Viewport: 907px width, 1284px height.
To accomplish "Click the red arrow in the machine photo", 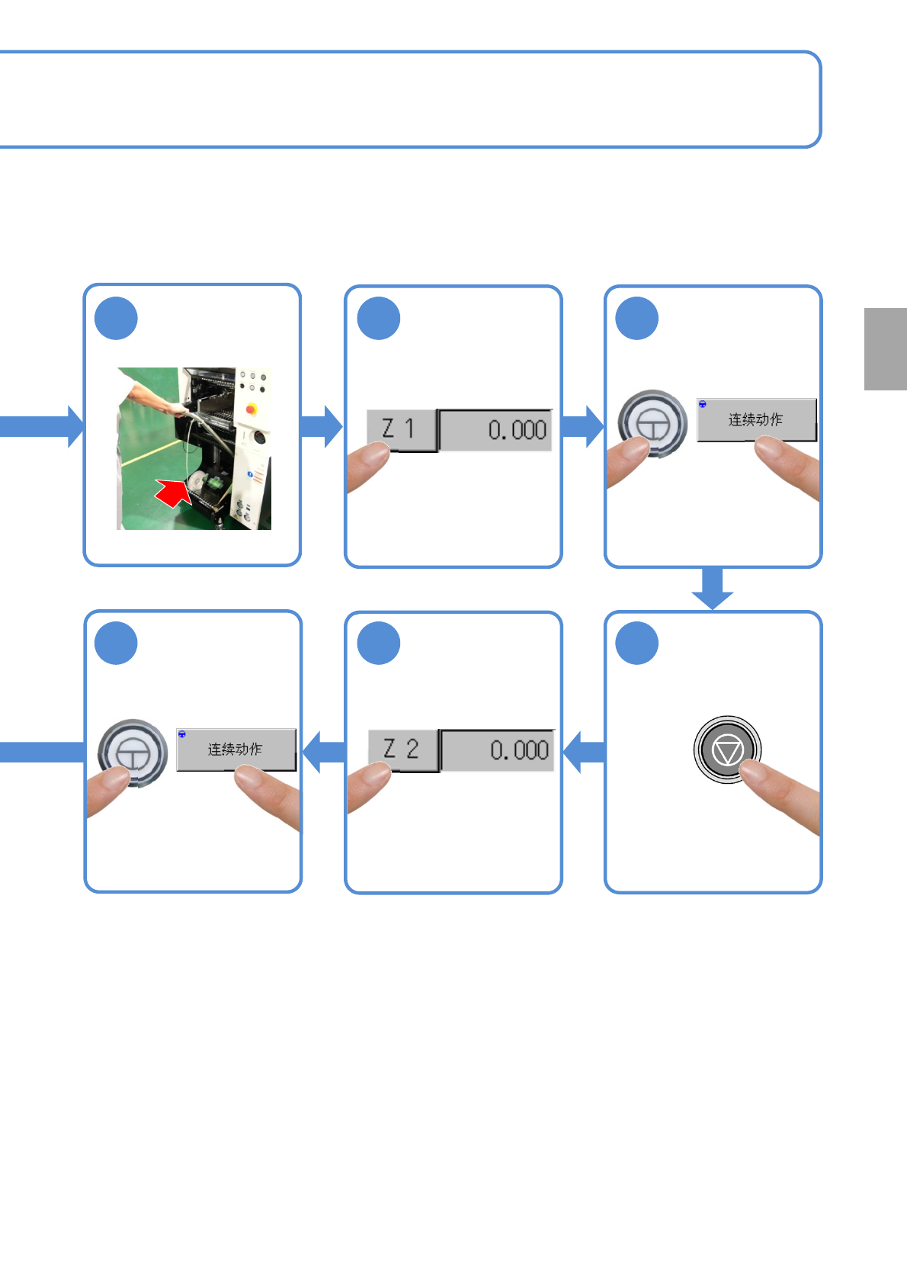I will (x=175, y=493).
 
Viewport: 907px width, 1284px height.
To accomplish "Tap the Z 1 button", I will (x=401, y=430).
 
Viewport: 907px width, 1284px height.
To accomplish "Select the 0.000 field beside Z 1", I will (x=496, y=430).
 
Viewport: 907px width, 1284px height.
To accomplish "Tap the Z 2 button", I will (x=402, y=750).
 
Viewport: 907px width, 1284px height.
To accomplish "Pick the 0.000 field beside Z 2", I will (x=498, y=750).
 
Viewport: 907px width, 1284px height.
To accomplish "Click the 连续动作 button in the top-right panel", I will (x=756, y=419).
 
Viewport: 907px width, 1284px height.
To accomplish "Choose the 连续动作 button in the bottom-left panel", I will (x=236, y=750).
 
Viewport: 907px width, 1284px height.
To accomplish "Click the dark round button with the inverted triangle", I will (x=727, y=750).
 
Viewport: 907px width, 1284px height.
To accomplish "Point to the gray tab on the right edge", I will (x=885, y=349).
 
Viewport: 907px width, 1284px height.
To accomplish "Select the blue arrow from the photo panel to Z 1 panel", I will (x=322, y=426).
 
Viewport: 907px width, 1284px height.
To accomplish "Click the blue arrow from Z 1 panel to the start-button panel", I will (x=583, y=426).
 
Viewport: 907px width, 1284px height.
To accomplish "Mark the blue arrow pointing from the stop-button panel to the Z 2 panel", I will (x=583, y=752).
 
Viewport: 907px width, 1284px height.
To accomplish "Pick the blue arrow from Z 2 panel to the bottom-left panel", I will (x=323, y=752).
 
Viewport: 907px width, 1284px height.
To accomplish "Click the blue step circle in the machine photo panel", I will (x=116, y=319).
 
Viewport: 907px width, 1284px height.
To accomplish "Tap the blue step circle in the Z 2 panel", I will (x=379, y=644).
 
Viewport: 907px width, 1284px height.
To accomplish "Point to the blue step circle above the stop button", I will (x=636, y=644).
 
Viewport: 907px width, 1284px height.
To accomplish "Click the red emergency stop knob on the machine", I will (x=251, y=409).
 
